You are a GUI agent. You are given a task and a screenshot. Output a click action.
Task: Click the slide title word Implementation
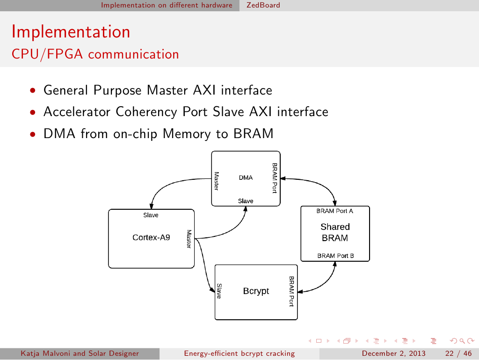point(71,32)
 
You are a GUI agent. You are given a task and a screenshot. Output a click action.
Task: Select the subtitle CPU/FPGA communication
point(95,54)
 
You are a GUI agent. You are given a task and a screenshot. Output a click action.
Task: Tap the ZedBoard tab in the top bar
point(263,5)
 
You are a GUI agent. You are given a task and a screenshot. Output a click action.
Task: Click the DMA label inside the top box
point(246,178)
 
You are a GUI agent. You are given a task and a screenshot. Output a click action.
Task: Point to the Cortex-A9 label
point(151,237)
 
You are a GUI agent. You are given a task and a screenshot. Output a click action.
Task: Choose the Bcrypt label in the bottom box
point(256,291)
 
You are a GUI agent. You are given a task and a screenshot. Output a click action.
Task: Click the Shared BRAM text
point(335,232)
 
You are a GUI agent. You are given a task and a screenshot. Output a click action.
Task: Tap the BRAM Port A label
point(335,211)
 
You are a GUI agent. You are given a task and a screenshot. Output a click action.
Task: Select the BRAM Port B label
point(335,256)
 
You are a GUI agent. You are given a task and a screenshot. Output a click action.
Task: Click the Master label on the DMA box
point(217,180)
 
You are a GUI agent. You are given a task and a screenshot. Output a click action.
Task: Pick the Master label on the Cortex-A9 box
point(189,239)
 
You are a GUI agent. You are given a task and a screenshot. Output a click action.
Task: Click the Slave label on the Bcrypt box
point(219,291)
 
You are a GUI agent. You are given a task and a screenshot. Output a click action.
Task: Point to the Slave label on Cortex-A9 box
point(151,215)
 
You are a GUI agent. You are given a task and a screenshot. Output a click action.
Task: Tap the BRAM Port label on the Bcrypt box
point(291,291)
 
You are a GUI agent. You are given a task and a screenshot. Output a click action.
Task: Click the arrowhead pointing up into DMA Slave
point(246,209)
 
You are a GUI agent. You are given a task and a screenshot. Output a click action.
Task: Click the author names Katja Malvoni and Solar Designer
point(80,353)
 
